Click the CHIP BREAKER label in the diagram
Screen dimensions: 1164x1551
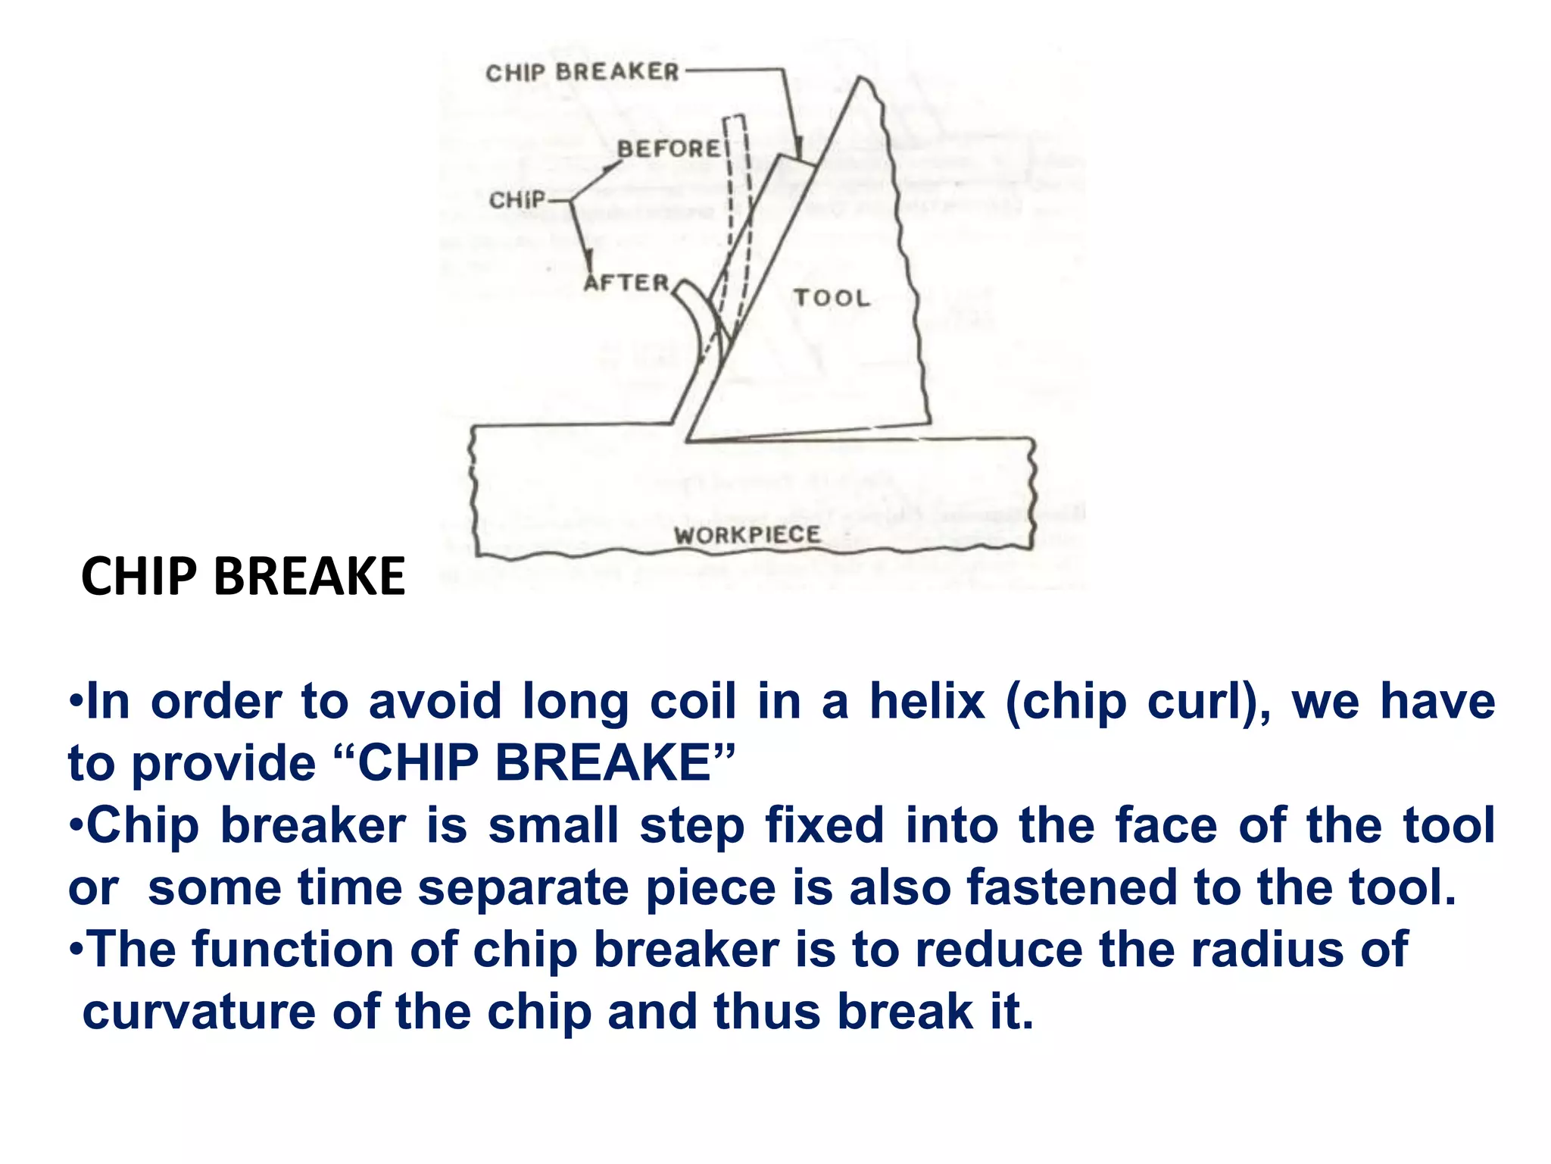[x=582, y=73]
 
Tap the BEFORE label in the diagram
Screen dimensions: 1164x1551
[x=669, y=149]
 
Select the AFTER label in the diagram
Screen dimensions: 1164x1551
[x=627, y=283]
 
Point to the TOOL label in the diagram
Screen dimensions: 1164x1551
[x=832, y=298]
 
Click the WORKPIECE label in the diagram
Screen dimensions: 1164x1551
[x=747, y=535]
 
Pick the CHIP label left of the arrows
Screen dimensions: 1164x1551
[x=517, y=201]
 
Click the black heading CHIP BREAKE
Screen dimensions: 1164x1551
[x=243, y=577]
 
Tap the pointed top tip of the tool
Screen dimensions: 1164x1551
[x=861, y=78]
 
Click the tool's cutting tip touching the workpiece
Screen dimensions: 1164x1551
[x=687, y=440]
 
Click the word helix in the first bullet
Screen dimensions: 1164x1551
[x=927, y=701]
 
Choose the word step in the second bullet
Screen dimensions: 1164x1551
[x=692, y=825]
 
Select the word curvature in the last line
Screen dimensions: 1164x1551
[x=198, y=1012]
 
